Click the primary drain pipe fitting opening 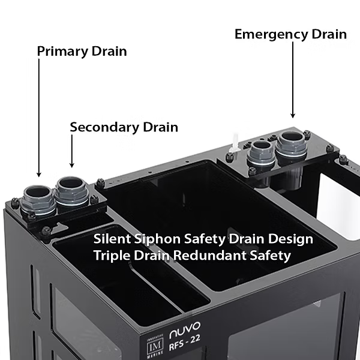click(38, 193)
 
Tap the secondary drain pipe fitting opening click(70, 182)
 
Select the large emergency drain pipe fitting click(292, 138)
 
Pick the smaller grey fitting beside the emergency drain click(262, 146)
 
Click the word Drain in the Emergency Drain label click(329, 34)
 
